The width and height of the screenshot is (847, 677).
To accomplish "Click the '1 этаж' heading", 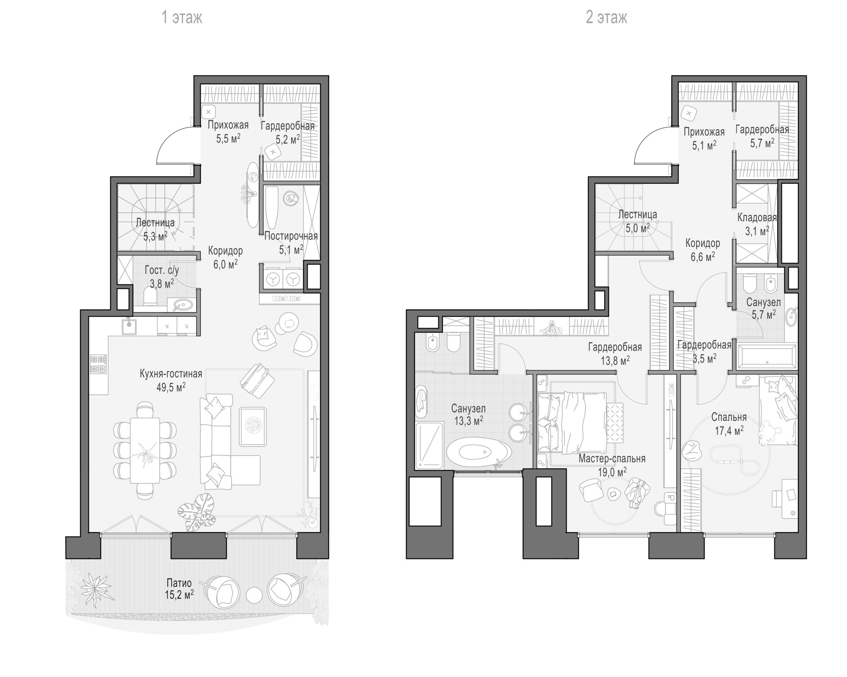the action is (x=182, y=18).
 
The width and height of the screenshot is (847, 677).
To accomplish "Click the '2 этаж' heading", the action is (x=606, y=18).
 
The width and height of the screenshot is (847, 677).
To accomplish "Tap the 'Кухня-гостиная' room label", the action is (x=171, y=374).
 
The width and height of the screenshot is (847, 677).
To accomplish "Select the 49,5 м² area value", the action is (x=171, y=387).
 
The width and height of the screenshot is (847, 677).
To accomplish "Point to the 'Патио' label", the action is (x=179, y=583).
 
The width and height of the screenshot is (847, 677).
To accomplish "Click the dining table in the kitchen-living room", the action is (x=145, y=450).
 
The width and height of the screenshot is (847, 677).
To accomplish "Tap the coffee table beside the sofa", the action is (x=253, y=426).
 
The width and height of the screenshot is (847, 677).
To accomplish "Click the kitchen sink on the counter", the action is (x=129, y=326).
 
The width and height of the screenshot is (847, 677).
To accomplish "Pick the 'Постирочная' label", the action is (x=291, y=236).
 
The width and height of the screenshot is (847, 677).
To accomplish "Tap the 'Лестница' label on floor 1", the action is (x=155, y=223).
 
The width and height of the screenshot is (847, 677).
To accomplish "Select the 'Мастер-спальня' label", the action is (x=612, y=459).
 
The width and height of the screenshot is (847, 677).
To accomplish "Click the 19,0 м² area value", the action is (x=612, y=472).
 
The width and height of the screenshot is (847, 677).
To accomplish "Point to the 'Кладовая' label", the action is (x=757, y=218).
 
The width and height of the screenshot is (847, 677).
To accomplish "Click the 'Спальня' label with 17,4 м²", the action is (x=729, y=417).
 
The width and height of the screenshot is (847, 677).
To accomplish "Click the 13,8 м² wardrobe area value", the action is (x=615, y=360).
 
